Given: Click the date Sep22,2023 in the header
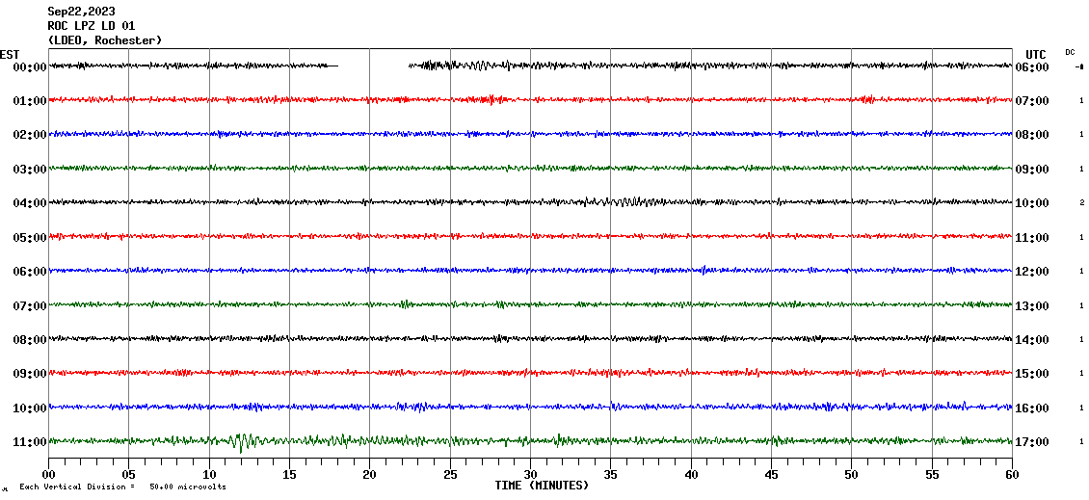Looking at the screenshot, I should click(x=81, y=12).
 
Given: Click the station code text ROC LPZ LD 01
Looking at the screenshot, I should click(x=92, y=26).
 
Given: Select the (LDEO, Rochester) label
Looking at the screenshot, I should click(x=105, y=40).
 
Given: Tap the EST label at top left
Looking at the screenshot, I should click(x=10, y=54).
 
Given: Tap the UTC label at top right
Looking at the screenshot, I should click(x=1036, y=54).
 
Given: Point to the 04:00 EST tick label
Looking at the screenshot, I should click(x=29, y=203).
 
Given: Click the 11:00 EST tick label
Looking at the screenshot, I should click(x=29, y=442).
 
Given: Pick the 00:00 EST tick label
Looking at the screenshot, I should click(x=29, y=67).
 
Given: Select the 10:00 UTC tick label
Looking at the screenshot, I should click(x=1032, y=203).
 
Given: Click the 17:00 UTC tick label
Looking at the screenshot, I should click(x=1032, y=442).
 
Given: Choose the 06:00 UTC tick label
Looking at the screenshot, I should click(x=1032, y=67).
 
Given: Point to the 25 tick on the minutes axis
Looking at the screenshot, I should click(x=450, y=475).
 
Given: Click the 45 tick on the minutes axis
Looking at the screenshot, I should click(x=771, y=475).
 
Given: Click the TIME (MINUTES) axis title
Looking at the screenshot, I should click(x=541, y=486).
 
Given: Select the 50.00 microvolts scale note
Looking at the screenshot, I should click(x=188, y=487).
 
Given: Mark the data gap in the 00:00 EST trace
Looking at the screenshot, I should click(x=373, y=66).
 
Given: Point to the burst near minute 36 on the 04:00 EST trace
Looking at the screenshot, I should click(x=626, y=202).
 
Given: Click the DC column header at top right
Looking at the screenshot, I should click(x=1070, y=52).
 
